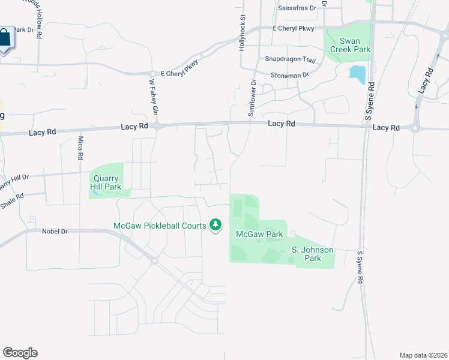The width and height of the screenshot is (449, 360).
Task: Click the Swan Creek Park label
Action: [354, 45]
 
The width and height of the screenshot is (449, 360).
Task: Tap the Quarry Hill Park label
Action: [106, 182]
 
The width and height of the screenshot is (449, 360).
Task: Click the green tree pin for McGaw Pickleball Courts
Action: [215, 226]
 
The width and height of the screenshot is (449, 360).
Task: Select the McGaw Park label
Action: [259, 234]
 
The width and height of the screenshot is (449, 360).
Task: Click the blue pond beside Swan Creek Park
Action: [357, 74]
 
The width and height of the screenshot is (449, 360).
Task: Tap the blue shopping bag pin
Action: [4, 38]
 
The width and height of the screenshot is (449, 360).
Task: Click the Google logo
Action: [20, 352]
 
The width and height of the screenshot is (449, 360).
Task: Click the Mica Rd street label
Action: [80, 148]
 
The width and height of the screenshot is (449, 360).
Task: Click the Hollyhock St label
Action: [243, 33]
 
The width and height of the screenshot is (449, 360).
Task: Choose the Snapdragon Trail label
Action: [290, 60]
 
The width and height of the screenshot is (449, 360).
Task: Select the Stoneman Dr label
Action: [289, 75]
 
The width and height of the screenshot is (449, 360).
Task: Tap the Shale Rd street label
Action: [12, 200]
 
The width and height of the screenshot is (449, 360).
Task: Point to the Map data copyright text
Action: [423, 355]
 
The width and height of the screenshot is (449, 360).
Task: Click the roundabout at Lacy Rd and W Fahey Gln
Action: [157, 126]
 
